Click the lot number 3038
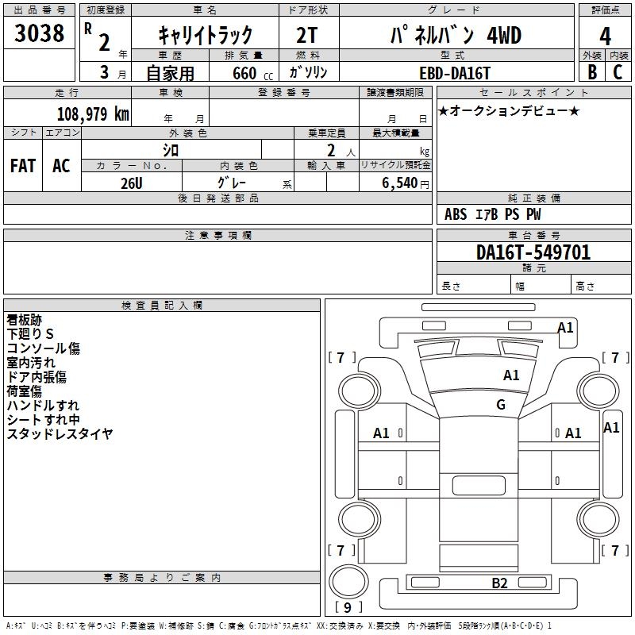click(39, 33)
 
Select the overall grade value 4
click(605, 37)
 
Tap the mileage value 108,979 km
click(93, 114)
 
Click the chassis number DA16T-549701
click(533, 252)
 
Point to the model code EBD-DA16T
click(455, 73)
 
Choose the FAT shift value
click(23, 166)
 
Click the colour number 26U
click(132, 183)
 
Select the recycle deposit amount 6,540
click(400, 183)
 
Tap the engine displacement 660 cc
click(252, 73)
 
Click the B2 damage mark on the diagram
click(499, 583)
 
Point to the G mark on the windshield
click(501, 404)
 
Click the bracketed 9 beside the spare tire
click(348, 607)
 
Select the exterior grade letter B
click(592, 71)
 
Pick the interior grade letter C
click(618, 71)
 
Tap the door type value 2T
click(307, 36)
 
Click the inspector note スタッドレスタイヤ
click(60, 433)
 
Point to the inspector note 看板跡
click(25, 320)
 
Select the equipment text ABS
click(456, 214)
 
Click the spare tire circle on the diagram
click(348, 582)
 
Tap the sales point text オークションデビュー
click(509, 110)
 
